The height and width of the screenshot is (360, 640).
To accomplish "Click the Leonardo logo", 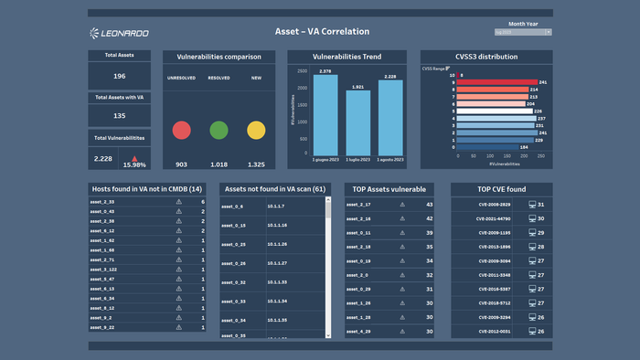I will pyautogui.click(x=120, y=34).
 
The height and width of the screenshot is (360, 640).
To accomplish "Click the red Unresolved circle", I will pyautogui.click(x=181, y=130).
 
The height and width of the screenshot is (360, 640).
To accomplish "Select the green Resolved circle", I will pyautogui.click(x=219, y=130).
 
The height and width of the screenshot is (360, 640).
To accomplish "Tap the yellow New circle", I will pyautogui.click(x=256, y=130).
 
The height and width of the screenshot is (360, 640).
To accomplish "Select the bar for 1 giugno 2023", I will pyautogui.click(x=325, y=115).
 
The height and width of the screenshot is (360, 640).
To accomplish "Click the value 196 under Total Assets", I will pyautogui.click(x=120, y=77).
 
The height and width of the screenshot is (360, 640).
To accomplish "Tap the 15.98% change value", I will pyautogui.click(x=134, y=164).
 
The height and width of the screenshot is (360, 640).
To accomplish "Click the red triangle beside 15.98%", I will pyautogui.click(x=134, y=156).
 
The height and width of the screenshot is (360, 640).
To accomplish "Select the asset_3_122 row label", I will pyautogui.click(x=103, y=270).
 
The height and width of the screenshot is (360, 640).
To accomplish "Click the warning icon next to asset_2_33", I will pyautogui.click(x=179, y=202).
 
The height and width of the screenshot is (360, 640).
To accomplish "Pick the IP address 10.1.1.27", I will pyautogui.click(x=277, y=263).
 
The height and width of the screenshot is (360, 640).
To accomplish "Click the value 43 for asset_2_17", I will pyautogui.click(x=429, y=205).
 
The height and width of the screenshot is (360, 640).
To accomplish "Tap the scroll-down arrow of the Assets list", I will pyautogui.click(x=328, y=335).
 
